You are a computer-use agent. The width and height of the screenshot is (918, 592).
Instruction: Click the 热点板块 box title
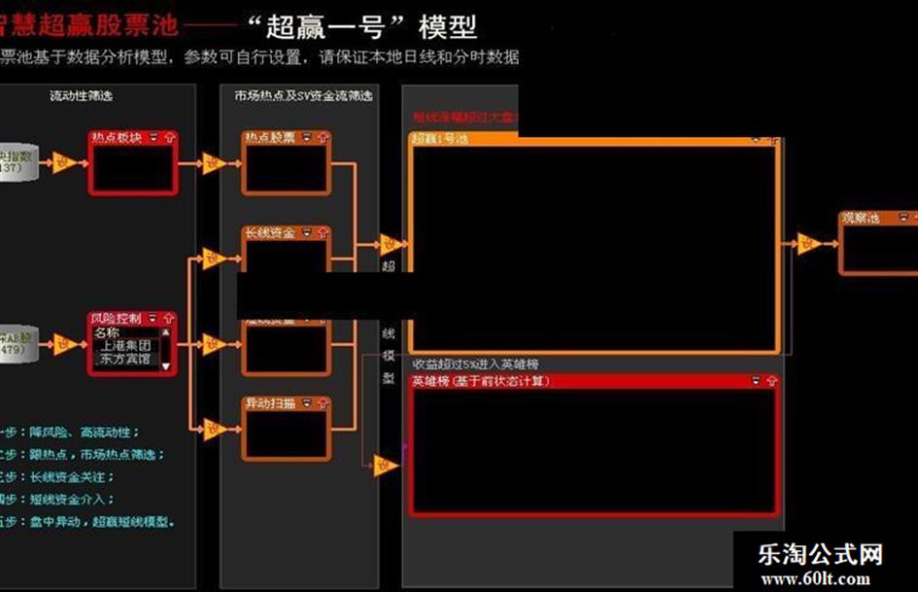coord(115,137)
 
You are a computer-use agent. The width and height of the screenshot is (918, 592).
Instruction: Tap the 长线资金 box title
coord(268,232)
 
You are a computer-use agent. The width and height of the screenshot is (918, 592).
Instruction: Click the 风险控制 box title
coord(116,318)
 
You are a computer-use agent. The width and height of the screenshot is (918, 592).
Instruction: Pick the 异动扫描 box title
coord(268,402)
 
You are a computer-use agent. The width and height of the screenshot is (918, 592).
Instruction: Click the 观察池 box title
coord(861,218)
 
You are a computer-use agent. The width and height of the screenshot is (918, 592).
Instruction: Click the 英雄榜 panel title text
coord(481,381)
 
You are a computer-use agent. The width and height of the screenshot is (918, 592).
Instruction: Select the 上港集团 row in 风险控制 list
coord(125,344)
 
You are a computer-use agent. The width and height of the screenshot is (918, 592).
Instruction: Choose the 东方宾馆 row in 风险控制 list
coord(125,358)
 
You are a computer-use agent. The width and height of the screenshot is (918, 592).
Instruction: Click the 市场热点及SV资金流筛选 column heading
coord(303,95)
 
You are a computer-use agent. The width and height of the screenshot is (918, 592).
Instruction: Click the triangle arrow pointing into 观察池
coord(810,243)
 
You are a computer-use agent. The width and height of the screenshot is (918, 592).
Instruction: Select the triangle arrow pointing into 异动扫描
coord(214,429)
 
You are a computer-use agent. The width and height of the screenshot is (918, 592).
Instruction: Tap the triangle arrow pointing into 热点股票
coord(214,162)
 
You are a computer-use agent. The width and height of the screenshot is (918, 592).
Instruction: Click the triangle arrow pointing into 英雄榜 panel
coord(387,465)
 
